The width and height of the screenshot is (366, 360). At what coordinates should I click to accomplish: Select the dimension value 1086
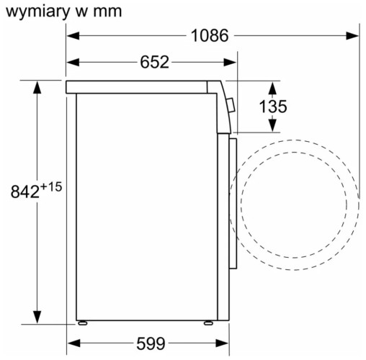point(210,35)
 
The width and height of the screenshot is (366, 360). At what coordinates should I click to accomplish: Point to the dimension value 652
point(154,63)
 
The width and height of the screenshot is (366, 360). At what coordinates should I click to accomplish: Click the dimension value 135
point(272,107)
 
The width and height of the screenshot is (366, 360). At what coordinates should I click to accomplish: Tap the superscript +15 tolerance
point(52,186)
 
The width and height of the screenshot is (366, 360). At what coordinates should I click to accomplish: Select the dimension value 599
point(151,343)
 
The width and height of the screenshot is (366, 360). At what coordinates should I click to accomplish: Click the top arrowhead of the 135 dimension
point(272,86)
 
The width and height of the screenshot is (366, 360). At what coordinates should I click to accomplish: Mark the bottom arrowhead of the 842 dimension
point(37,318)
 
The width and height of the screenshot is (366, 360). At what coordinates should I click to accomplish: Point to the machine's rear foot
point(84,323)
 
